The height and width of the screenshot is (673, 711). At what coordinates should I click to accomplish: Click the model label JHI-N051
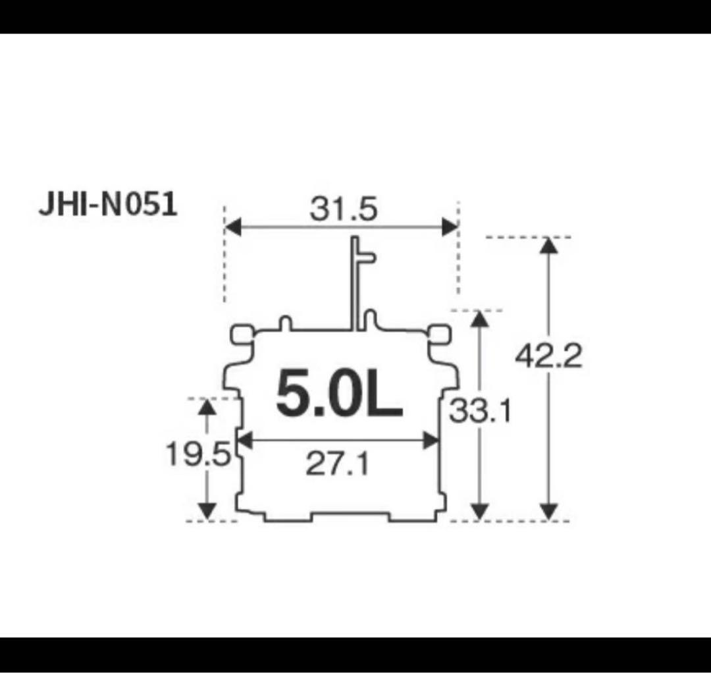point(108,205)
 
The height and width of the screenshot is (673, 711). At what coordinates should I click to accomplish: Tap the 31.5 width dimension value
point(344,209)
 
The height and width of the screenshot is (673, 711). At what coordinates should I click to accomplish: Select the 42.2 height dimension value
point(548,357)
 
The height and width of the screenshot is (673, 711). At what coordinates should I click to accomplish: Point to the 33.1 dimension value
point(481,413)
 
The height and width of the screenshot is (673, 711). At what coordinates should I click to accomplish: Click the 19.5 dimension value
point(197,454)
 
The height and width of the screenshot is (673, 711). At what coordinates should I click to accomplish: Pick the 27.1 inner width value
point(337,465)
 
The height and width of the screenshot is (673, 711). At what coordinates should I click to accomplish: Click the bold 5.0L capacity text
point(338,394)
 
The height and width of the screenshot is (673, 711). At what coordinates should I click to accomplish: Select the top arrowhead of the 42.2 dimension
point(548,245)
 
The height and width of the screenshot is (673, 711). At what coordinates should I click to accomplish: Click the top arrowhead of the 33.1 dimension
point(481,319)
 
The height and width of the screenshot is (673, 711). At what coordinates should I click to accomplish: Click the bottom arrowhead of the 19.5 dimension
point(207,511)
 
